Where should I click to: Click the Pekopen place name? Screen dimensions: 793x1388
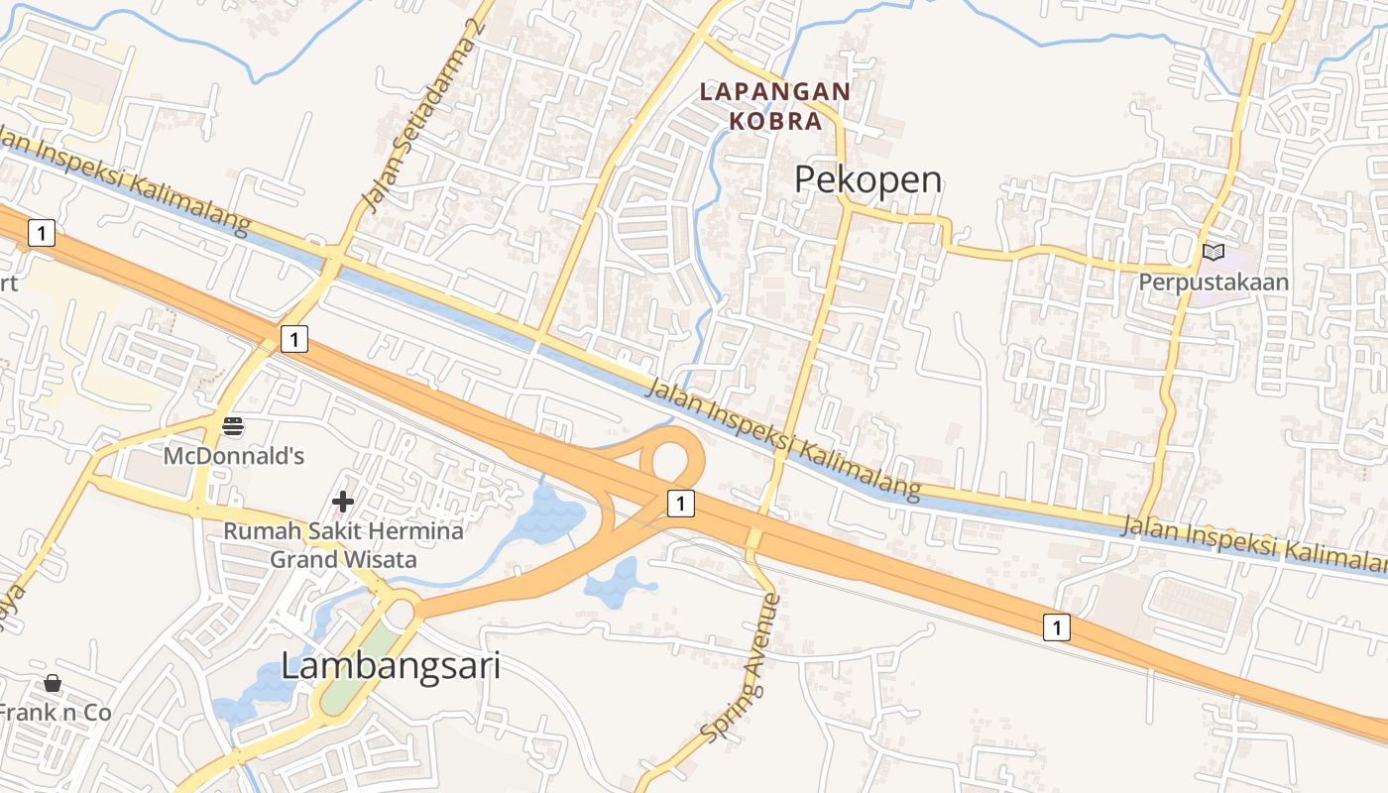868,180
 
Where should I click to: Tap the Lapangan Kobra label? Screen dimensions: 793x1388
775,106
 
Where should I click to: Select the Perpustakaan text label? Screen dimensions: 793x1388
1214,282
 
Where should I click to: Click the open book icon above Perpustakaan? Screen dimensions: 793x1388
1214,252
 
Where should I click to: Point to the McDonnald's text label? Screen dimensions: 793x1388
234,456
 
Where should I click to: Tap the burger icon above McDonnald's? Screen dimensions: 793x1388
234,427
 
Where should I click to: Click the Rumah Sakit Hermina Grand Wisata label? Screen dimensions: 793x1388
343,545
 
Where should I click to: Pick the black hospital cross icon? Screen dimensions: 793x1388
343,502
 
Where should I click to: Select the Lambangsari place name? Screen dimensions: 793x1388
391,666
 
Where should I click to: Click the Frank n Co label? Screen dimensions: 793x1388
54,713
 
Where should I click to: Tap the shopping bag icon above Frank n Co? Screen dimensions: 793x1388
53,683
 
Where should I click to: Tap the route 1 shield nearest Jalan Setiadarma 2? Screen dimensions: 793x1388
293,340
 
